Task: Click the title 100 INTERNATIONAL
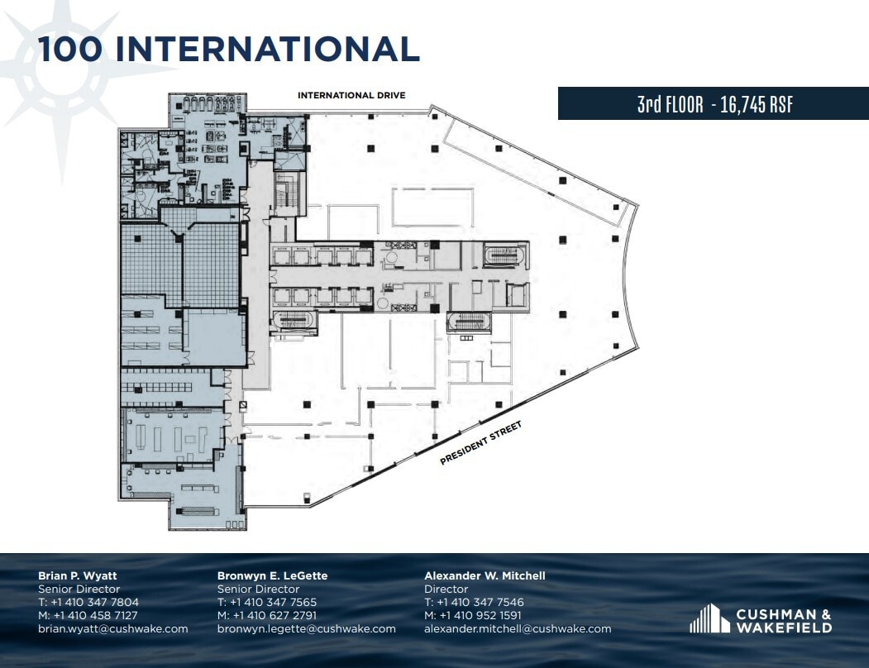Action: pyautogui.click(x=229, y=50)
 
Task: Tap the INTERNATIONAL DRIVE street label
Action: pyautogui.click(x=351, y=96)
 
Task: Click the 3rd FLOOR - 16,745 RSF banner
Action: pyautogui.click(x=714, y=104)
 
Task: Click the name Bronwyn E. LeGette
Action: pyautogui.click(x=272, y=575)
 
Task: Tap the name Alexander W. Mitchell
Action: pyautogui.click(x=485, y=575)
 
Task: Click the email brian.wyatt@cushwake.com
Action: pyautogui.click(x=113, y=628)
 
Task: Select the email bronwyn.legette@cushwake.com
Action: pyautogui.click(x=307, y=628)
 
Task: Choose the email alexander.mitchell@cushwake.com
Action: pyautogui.click(x=518, y=628)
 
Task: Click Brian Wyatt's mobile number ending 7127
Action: pyautogui.click(x=88, y=615)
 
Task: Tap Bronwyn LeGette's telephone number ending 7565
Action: pyautogui.click(x=266, y=602)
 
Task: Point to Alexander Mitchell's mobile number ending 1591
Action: pyautogui.click(x=474, y=615)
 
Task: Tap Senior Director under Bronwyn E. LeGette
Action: pyautogui.click(x=258, y=589)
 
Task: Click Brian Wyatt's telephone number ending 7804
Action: pyautogui.click(x=88, y=602)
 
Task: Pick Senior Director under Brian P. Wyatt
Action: pyautogui.click(x=79, y=589)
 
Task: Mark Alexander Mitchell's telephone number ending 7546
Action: pyautogui.click(x=474, y=602)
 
